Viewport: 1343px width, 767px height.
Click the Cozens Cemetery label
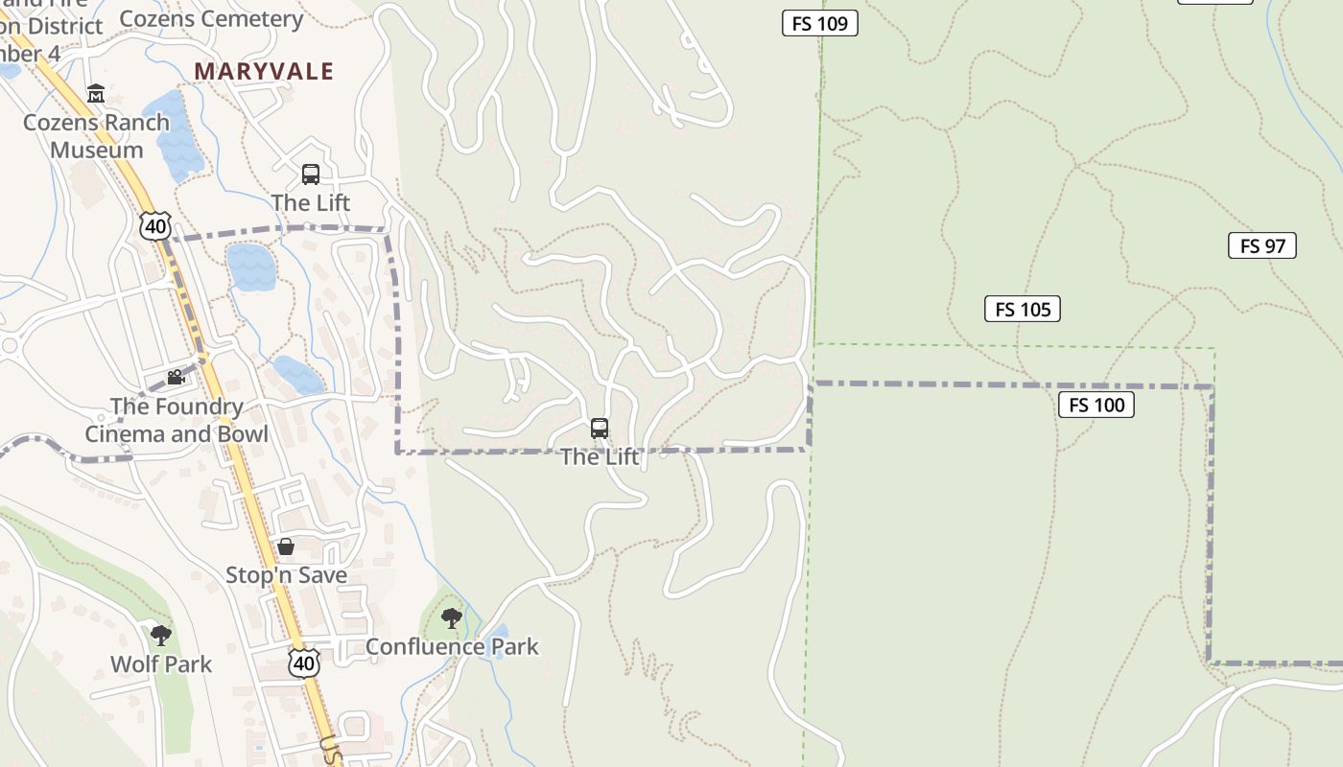[x=211, y=18]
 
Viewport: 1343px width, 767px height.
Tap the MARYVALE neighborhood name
[x=264, y=71]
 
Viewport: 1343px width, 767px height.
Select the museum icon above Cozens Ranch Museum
[x=96, y=94]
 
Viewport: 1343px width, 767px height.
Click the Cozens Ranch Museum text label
[x=96, y=136]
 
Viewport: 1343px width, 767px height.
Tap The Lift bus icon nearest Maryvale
[x=311, y=174]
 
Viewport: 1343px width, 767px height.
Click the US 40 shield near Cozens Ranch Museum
[x=154, y=225]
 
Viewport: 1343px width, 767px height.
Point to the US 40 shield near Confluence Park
[x=304, y=662]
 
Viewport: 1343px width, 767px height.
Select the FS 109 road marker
[x=820, y=23]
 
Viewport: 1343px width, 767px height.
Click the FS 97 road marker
[x=1261, y=245]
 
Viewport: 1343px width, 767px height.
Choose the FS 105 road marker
[x=1023, y=309]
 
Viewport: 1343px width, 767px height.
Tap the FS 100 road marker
[x=1096, y=405]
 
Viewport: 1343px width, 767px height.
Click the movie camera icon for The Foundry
[x=175, y=378]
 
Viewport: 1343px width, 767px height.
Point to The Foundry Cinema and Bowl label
[x=177, y=420]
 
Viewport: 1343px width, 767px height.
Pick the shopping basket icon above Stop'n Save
[x=286, y=547]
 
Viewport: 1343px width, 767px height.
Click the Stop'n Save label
[x=286, y=575]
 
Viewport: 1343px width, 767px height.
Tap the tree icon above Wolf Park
[x=161, y=635]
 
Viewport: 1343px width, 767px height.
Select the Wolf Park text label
[x=161, y=664]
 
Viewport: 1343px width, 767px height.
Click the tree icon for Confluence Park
[x=452, y=618]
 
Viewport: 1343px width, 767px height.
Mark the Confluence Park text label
[x=452, y=647]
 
